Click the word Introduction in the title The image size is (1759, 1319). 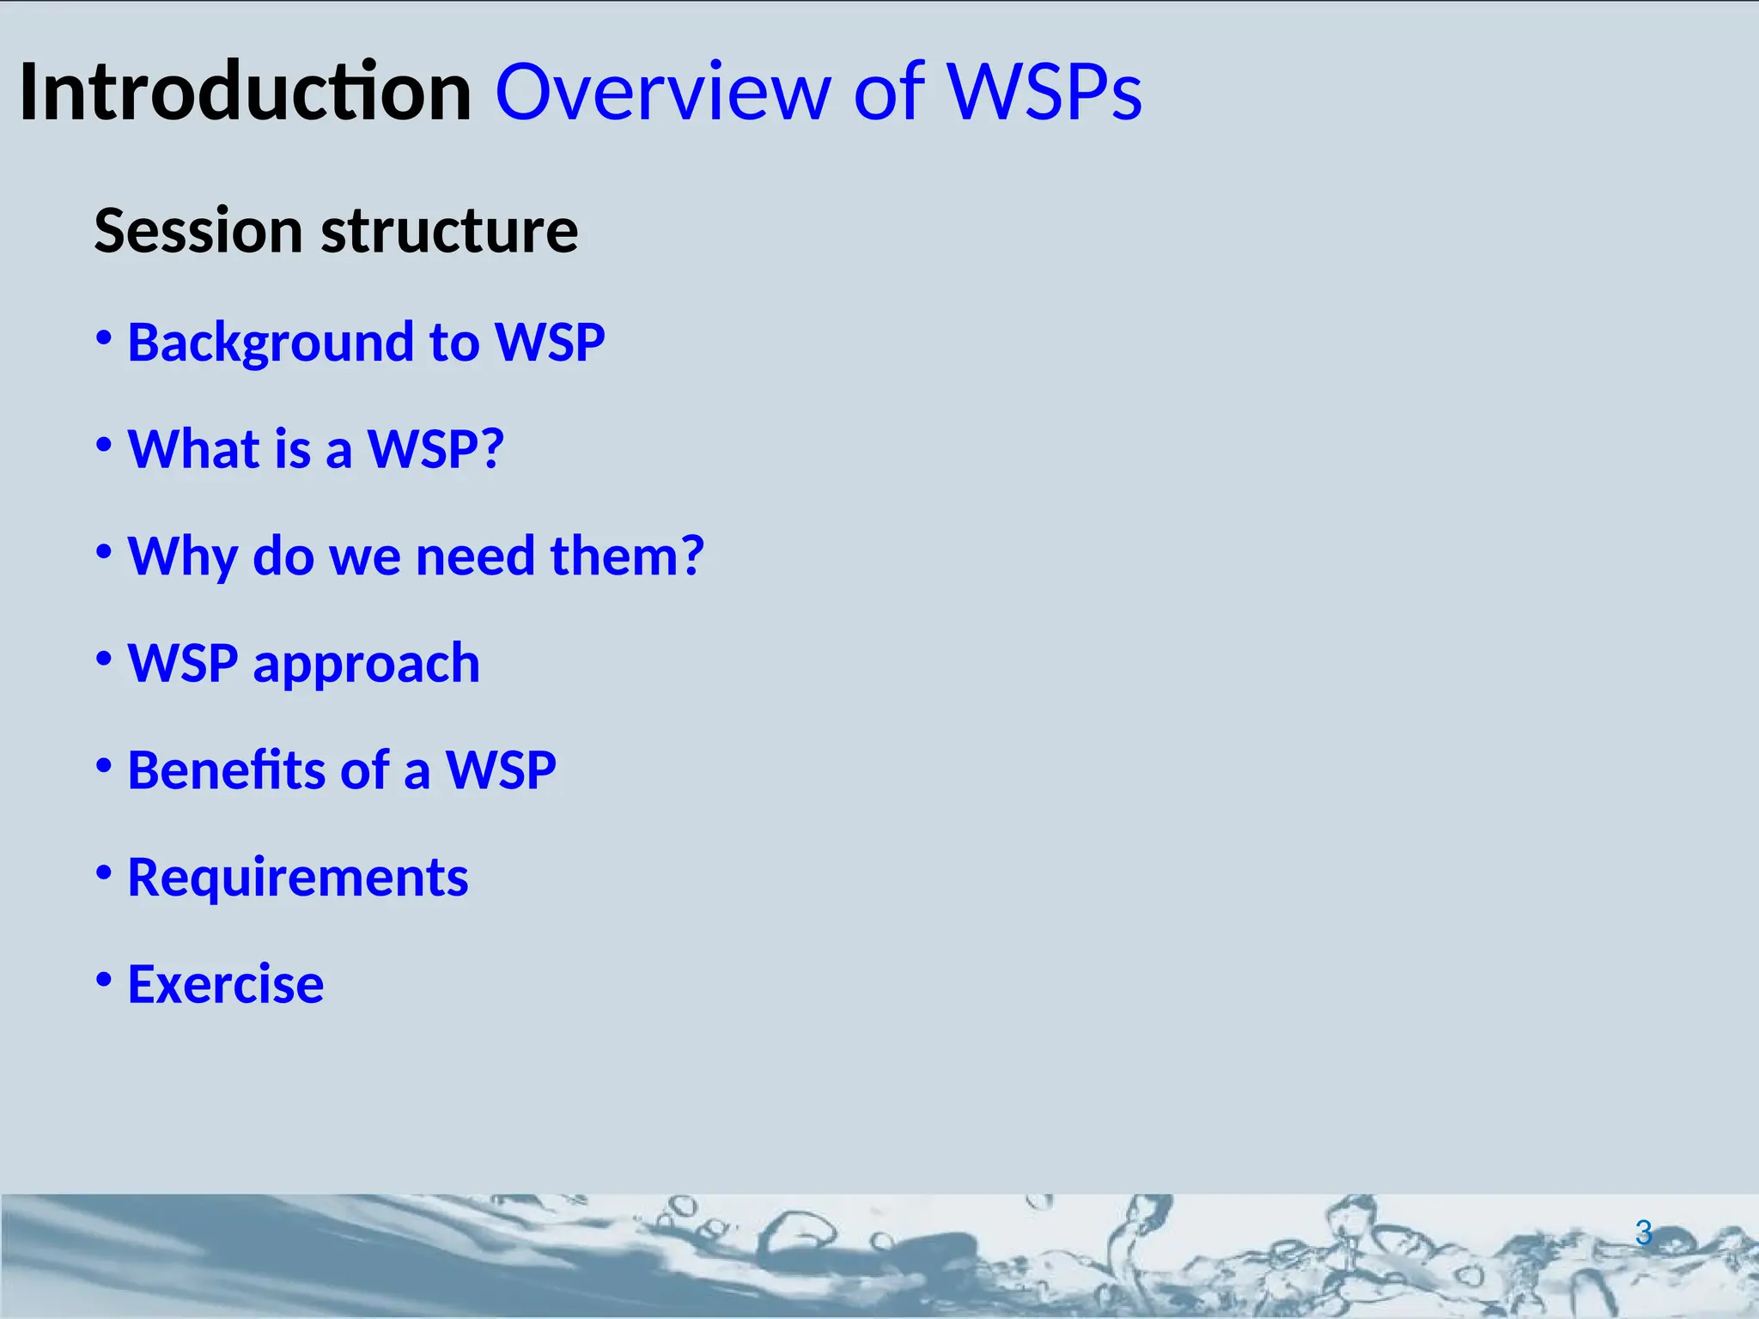pyautogui.click(x=245, y=92)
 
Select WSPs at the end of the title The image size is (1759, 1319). pyautogui.click(x=1044, y=92)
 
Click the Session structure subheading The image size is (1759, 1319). pyautogui.click(x=336, y=231)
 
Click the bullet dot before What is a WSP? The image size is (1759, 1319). pyautogui.click(x=104, y=446)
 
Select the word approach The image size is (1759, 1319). pyautogui.click(x=366, y=664)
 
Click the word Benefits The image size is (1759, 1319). pyautogui.click(x=226, y=769)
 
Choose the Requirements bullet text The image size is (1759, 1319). pyautogui.click(x=297, y=878)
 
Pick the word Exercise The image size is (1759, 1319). pyautogui.click(x=225, y=984)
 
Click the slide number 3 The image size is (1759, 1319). pyautogui.click(x=1643, y=1233)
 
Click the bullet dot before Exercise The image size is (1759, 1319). pyautogui.click(x=104, y=980)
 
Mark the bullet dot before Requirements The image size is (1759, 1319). pyautogui.click(x=104, y=873)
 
